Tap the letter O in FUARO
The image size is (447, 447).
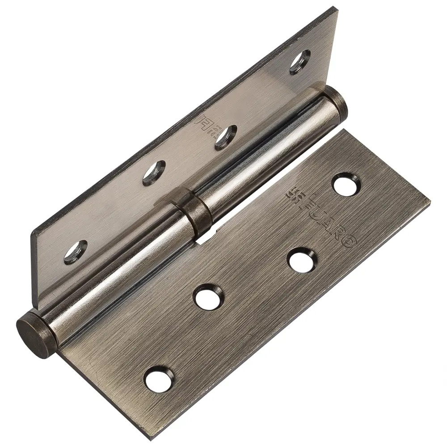pos(350,241)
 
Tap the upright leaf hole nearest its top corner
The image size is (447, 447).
pos(300,62)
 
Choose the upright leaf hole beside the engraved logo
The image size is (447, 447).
pos(226,137)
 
